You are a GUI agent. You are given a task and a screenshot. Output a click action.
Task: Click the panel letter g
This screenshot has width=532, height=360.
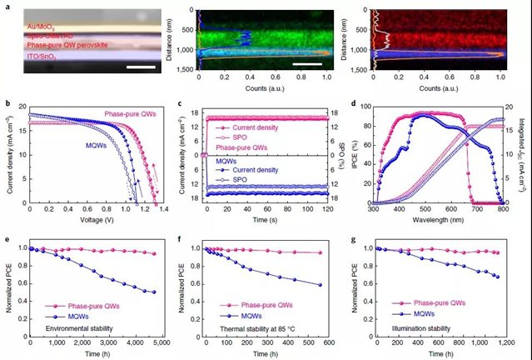[356, 237]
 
